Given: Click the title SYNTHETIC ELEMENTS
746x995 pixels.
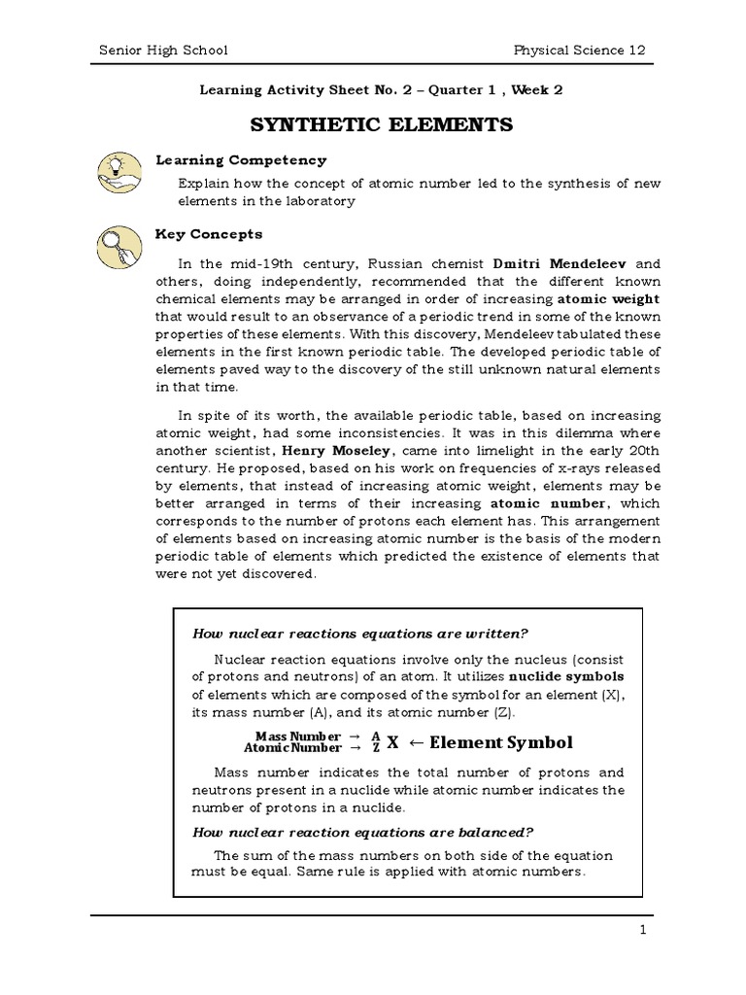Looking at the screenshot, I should pyautogui.click(x=382, y=126).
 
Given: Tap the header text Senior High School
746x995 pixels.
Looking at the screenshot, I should pyautogui.click(x=164, y=50).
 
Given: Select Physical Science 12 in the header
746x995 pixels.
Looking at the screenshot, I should pyautogui.click(x=580, y=50).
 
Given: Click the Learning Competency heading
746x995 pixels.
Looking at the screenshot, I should pyautogui.click(x=241, y=160).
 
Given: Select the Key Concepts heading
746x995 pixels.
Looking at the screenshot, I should pyautogui.click(x=209, y=234).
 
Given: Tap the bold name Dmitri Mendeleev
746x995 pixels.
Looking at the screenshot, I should pyautogui.click(x=562, y=263).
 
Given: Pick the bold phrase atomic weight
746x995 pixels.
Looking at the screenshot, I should pyautogui.click(x=607, y=300).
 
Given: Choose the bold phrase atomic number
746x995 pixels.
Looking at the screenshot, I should pyautogui.click(x=549, y=504).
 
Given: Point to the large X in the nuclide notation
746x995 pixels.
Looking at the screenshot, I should pyautogui.click(x=392, y=742).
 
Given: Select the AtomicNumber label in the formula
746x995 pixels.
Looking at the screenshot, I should pyautogui.click(x=291, y=748).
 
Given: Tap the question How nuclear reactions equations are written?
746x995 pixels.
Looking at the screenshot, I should pyautogui.click(x=360, y=634).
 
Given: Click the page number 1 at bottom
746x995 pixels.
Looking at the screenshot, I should pyautogui.click(x=642, y=930).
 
